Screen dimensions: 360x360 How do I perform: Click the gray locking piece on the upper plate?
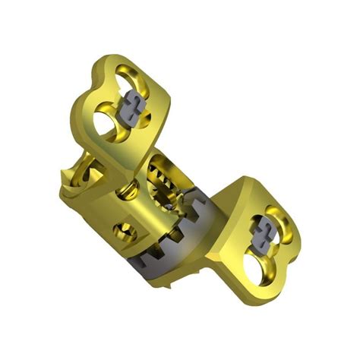click(134, 111)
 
